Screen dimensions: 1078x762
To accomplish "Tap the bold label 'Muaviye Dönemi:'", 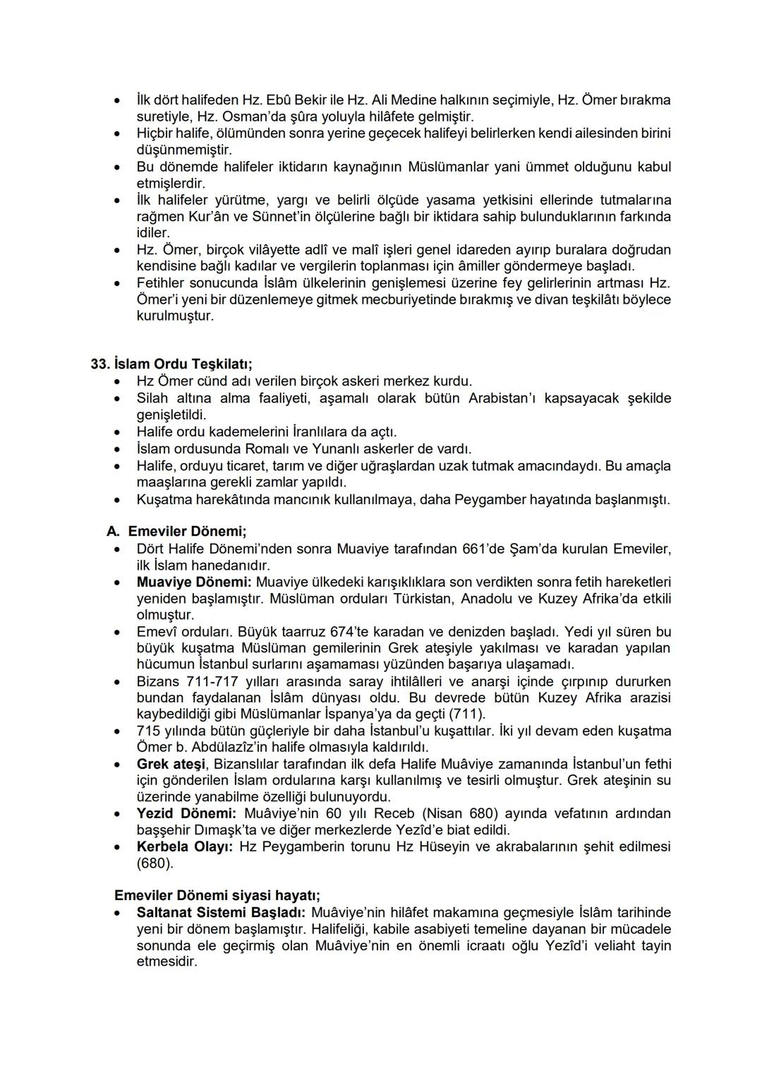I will click(193, 582).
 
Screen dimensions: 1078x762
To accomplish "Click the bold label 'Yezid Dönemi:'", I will click(186, 813).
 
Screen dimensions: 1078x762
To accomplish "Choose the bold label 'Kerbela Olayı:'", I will click(184, 846).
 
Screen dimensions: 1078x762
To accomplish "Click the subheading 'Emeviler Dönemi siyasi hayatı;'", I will click(217, 895).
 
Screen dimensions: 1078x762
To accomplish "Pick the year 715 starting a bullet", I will click(149, 731).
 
